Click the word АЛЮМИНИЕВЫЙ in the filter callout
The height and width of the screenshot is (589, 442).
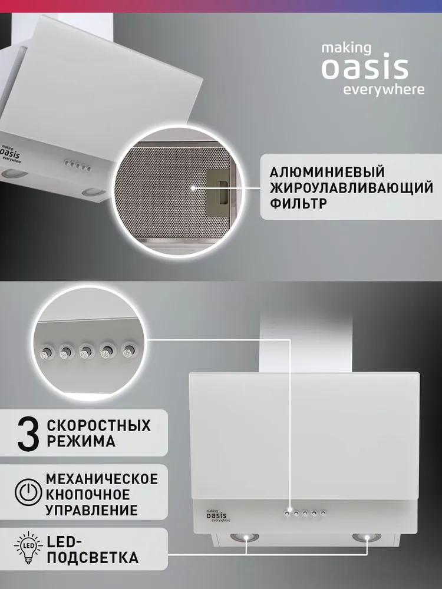coord(327,173)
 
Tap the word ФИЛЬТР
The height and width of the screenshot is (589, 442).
coord(298,204)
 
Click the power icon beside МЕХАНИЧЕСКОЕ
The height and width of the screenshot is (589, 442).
coord(28,491)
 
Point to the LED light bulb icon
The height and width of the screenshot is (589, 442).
coord(28,547)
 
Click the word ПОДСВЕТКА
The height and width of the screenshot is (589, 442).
coord(93,557)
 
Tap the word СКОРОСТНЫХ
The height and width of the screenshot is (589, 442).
coord(98,426)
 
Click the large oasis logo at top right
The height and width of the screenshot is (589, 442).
coord(365,68)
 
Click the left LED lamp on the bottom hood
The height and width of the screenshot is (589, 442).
coord(245,537)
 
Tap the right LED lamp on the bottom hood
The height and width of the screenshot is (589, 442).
coord(367,537)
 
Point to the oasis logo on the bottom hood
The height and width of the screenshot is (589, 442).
coord(218,515)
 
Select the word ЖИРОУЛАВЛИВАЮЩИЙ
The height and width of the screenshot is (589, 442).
coord(351,188)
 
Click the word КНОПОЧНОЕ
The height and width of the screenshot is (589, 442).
coord(88,495)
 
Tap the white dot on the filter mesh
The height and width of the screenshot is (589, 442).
coord(193,188)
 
